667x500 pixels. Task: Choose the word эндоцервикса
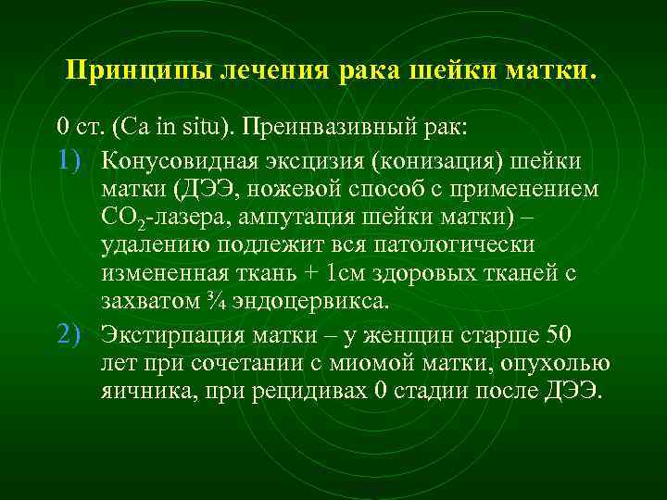(x=309, y=304)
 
